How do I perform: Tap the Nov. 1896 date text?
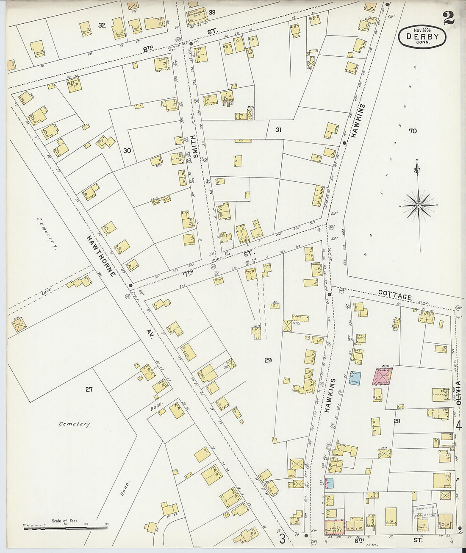[x=422, y=30]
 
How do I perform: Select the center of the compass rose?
[x=419, y=206]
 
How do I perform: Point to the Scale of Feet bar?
[x=65, y=528]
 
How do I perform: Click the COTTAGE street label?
[x=395, y=295]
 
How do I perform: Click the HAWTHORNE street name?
[x=101, y=256]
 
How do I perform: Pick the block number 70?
[x=412, y=131]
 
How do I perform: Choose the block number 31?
[x=278, y=130]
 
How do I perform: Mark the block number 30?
[x=127, y=150]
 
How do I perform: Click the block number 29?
[x=268, y=360]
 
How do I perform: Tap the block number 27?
[x=89, y=389]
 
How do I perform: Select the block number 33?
[x=212, y=12]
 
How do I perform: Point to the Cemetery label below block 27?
[x=75, y=424]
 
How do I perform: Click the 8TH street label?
[x=148, y=50]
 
